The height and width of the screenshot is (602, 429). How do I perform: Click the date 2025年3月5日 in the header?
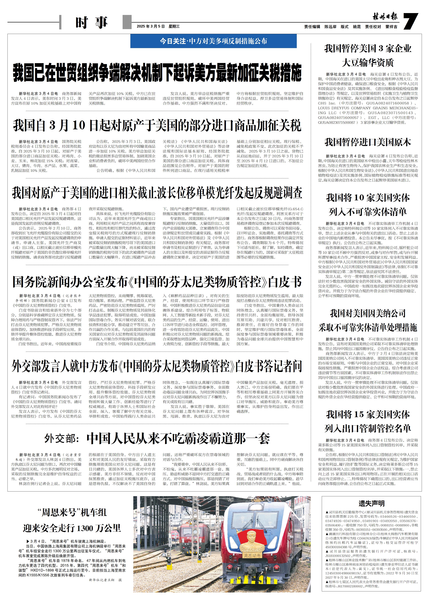point(151,26)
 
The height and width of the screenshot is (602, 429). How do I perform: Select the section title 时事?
point(91,23)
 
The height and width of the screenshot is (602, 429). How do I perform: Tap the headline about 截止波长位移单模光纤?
point(157,193)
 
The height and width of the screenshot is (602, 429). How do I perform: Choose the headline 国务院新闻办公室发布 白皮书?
point(157,282)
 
